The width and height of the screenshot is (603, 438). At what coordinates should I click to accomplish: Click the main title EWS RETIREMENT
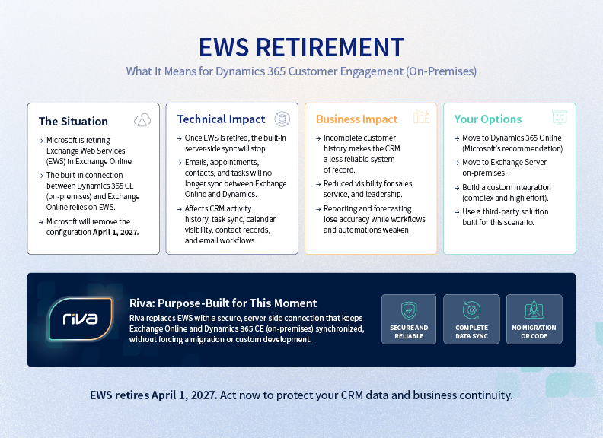301,47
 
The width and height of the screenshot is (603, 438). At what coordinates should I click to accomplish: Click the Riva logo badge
81,319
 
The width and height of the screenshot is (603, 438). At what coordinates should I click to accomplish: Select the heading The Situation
73,122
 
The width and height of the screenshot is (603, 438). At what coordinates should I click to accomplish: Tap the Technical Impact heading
221,119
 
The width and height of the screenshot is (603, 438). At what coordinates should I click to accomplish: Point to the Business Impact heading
356,119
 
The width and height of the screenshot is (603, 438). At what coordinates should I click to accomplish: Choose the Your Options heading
487,119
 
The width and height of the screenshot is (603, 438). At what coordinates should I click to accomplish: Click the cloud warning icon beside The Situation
142,120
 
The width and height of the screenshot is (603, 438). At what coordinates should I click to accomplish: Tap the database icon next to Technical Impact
282,119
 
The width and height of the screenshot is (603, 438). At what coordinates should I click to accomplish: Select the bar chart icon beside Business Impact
421,117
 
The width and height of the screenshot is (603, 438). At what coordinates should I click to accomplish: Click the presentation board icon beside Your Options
560,118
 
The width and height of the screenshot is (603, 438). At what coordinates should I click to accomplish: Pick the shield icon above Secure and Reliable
409,310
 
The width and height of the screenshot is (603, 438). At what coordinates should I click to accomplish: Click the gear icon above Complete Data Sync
471,310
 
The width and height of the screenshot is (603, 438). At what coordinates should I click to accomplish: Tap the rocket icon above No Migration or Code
534,310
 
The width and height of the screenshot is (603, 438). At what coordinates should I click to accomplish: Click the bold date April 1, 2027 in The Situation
116,233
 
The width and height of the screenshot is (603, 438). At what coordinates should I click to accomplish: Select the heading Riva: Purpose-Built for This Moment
223,303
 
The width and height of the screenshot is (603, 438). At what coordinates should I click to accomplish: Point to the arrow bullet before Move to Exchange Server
457,163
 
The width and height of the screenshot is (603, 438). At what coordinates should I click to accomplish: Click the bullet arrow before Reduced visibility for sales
318,185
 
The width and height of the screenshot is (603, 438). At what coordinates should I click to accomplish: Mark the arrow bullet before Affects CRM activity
179,209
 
